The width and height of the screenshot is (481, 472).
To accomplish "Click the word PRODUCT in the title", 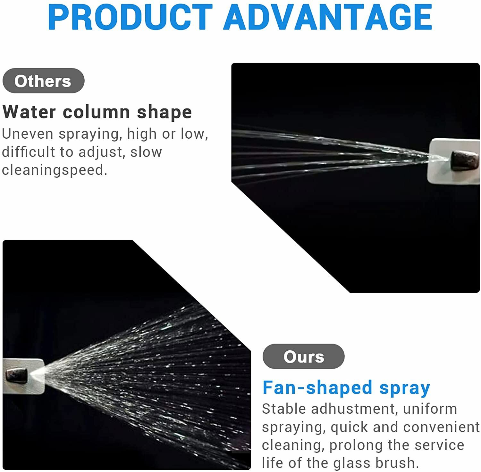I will tap(130, 17).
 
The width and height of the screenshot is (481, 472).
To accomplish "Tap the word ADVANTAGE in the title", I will tap(328, 17).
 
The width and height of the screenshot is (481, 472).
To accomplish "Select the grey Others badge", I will tap(43, 81).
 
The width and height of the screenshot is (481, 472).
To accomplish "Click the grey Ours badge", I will tap(303, 356).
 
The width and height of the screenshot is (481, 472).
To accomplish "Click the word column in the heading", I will tap(96, 112).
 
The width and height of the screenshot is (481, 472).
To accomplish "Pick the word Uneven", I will tap(28, 134).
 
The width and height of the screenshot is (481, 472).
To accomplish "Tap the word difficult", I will tap(29, 152).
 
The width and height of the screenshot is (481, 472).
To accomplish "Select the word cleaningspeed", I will tap(54, 170).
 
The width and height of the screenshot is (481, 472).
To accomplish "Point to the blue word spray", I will tap(405, 388).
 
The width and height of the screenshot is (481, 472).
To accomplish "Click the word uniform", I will tap(430, 409).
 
